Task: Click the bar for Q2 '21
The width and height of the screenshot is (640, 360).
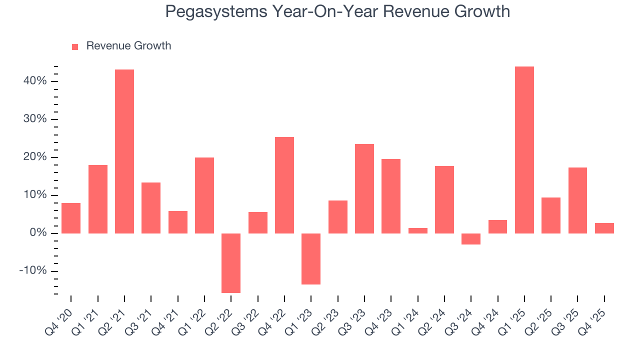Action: pos(124,151)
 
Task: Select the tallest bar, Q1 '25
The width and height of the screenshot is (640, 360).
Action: pos(524,150)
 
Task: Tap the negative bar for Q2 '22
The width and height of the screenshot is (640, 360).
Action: pos(231,263)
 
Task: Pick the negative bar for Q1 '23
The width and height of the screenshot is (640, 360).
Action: pos(311,259)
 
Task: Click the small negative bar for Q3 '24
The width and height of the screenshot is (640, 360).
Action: pos(471,239)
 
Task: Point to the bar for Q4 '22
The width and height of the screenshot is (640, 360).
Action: pos(284,185)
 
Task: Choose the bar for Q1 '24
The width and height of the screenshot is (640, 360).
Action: pos(418,230)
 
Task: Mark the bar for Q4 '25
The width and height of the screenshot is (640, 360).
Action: pos(604,228)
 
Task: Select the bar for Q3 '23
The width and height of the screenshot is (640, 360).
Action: pos(364,188)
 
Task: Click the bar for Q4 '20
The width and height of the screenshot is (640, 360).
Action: pos(71,218)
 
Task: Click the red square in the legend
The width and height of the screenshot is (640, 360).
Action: pos(75,46)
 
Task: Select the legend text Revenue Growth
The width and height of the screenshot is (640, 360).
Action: pos(128,46)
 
